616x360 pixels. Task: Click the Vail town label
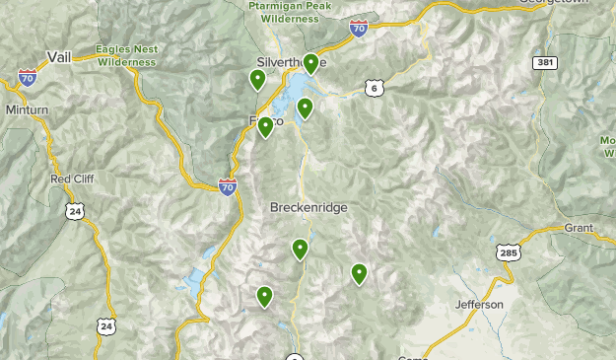[60, 57]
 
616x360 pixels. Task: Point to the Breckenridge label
[308, 208]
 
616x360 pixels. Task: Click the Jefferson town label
[479, 304]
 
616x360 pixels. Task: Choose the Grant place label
[579, 228]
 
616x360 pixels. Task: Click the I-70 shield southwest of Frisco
[228, 184]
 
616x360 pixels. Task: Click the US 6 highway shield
[373, 89]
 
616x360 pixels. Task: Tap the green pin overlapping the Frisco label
[265, 126]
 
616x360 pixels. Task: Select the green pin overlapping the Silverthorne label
[310, 63]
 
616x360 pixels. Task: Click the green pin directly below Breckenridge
[300, 249]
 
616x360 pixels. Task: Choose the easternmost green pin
[359, 273]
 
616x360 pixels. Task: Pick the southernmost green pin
[264, 296]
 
